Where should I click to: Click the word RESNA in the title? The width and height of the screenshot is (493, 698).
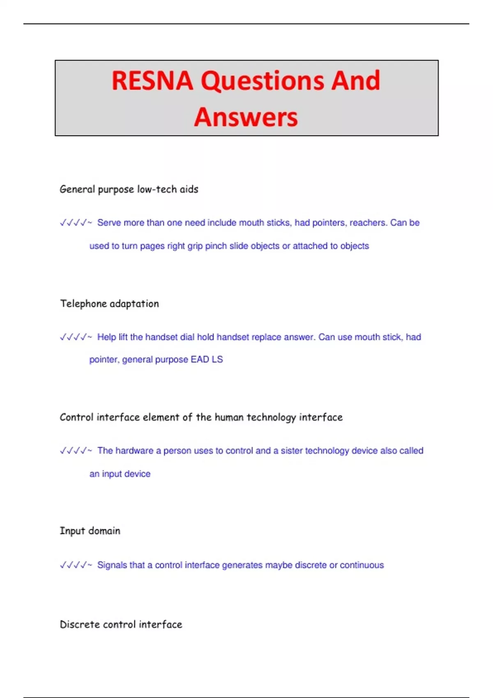152,80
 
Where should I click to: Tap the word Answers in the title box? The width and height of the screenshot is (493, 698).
246,117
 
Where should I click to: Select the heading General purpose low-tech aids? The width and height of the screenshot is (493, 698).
129,189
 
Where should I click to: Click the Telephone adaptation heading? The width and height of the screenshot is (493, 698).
109,304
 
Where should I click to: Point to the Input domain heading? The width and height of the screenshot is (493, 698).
90,531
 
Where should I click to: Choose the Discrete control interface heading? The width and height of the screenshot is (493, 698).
121,625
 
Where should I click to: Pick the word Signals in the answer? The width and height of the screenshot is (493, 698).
112,565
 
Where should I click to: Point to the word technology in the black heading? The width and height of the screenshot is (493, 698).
271,418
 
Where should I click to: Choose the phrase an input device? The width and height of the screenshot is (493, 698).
120,474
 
